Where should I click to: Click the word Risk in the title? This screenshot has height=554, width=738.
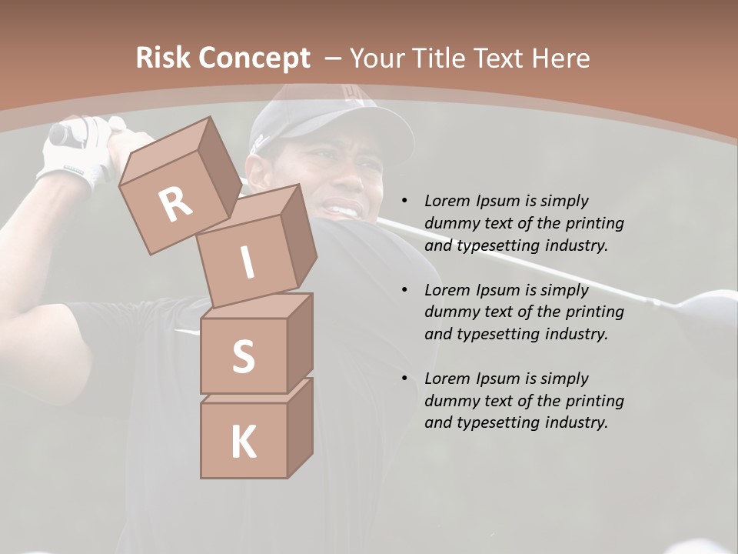(x=164, y=58)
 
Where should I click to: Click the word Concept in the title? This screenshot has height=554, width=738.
(x=254, y=58)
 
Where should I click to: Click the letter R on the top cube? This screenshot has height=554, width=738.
(x=175, y=204)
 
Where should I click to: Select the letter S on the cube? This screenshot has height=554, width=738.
(x=243, y=357)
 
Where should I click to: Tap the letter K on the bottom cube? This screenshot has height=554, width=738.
(x=243, y=442)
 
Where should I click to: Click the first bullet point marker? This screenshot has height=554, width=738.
(x=404, y=202)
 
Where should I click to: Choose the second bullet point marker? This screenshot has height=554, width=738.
(x=404, y=290)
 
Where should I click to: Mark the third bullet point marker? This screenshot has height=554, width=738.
(x=404, y=379)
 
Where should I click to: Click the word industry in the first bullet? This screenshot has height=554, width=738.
(x=577, y=246)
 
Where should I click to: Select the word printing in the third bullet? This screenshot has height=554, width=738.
(x=595, y=401)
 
